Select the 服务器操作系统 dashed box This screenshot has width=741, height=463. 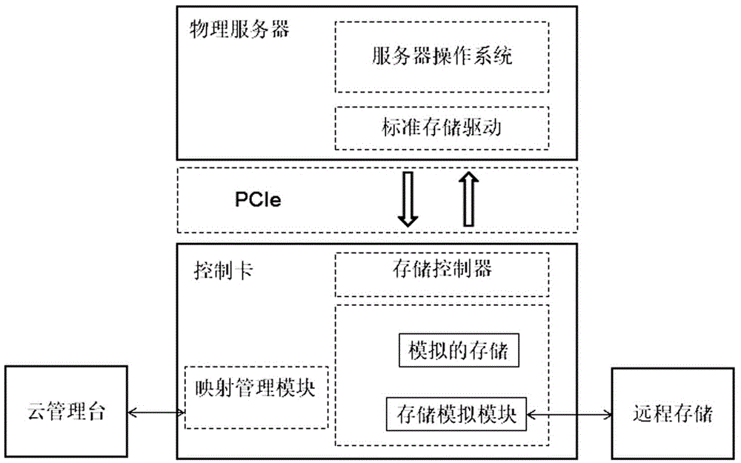click(x=442, y=56)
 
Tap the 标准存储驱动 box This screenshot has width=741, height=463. click(x=442, y=127)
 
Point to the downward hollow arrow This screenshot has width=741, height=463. click(x=408, y=199)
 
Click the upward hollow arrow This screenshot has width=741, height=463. click(x=468, y=199)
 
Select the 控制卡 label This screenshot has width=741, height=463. click(x=222, y=270)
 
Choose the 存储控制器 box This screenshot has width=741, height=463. click(x=442, y=270)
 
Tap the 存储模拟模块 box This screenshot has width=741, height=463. click(x=456, y=412)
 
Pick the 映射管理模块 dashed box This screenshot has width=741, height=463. click(x=256, y=396)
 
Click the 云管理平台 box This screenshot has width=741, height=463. click(x=64, y=412)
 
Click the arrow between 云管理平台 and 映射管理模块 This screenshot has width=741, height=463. click(x=156, y=412)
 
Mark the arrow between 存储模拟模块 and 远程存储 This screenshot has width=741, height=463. click(x=568, y=412)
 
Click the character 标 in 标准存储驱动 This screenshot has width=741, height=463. click(x=385, y=127)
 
